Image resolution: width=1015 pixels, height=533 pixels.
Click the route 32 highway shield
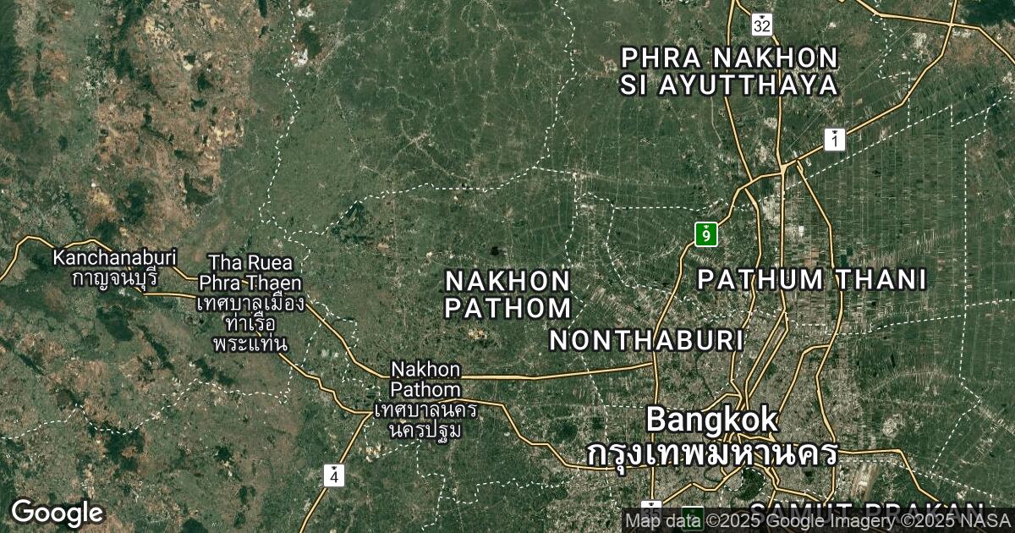click(x=762, y=25)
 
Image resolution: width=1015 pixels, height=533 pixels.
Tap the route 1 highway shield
click(x=835, y=140)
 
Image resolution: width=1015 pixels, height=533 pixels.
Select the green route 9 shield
click(x=706, y=234)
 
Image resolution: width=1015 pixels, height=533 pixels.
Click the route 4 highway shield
click(x=335, y=475)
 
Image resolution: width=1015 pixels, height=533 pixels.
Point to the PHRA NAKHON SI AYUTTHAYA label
click(x=729, y=71)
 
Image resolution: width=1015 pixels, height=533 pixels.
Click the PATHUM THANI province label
click(x=811, y=279)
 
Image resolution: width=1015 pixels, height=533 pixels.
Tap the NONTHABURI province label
click(x=647, y=340)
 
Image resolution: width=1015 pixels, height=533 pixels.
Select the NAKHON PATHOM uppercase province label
click(x=507, y=294)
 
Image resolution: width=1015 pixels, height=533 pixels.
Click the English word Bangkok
click(x=711, y=419)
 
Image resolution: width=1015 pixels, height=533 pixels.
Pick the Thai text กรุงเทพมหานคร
click(x=712, y=453)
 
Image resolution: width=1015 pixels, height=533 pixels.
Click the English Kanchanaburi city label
click(x=114, y=256)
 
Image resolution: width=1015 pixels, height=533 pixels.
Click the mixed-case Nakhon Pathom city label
click(x=426, y=380)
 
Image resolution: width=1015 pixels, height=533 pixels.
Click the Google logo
click(x=57, y=513)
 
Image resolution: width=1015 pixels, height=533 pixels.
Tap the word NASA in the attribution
click(x=986, y=519)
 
